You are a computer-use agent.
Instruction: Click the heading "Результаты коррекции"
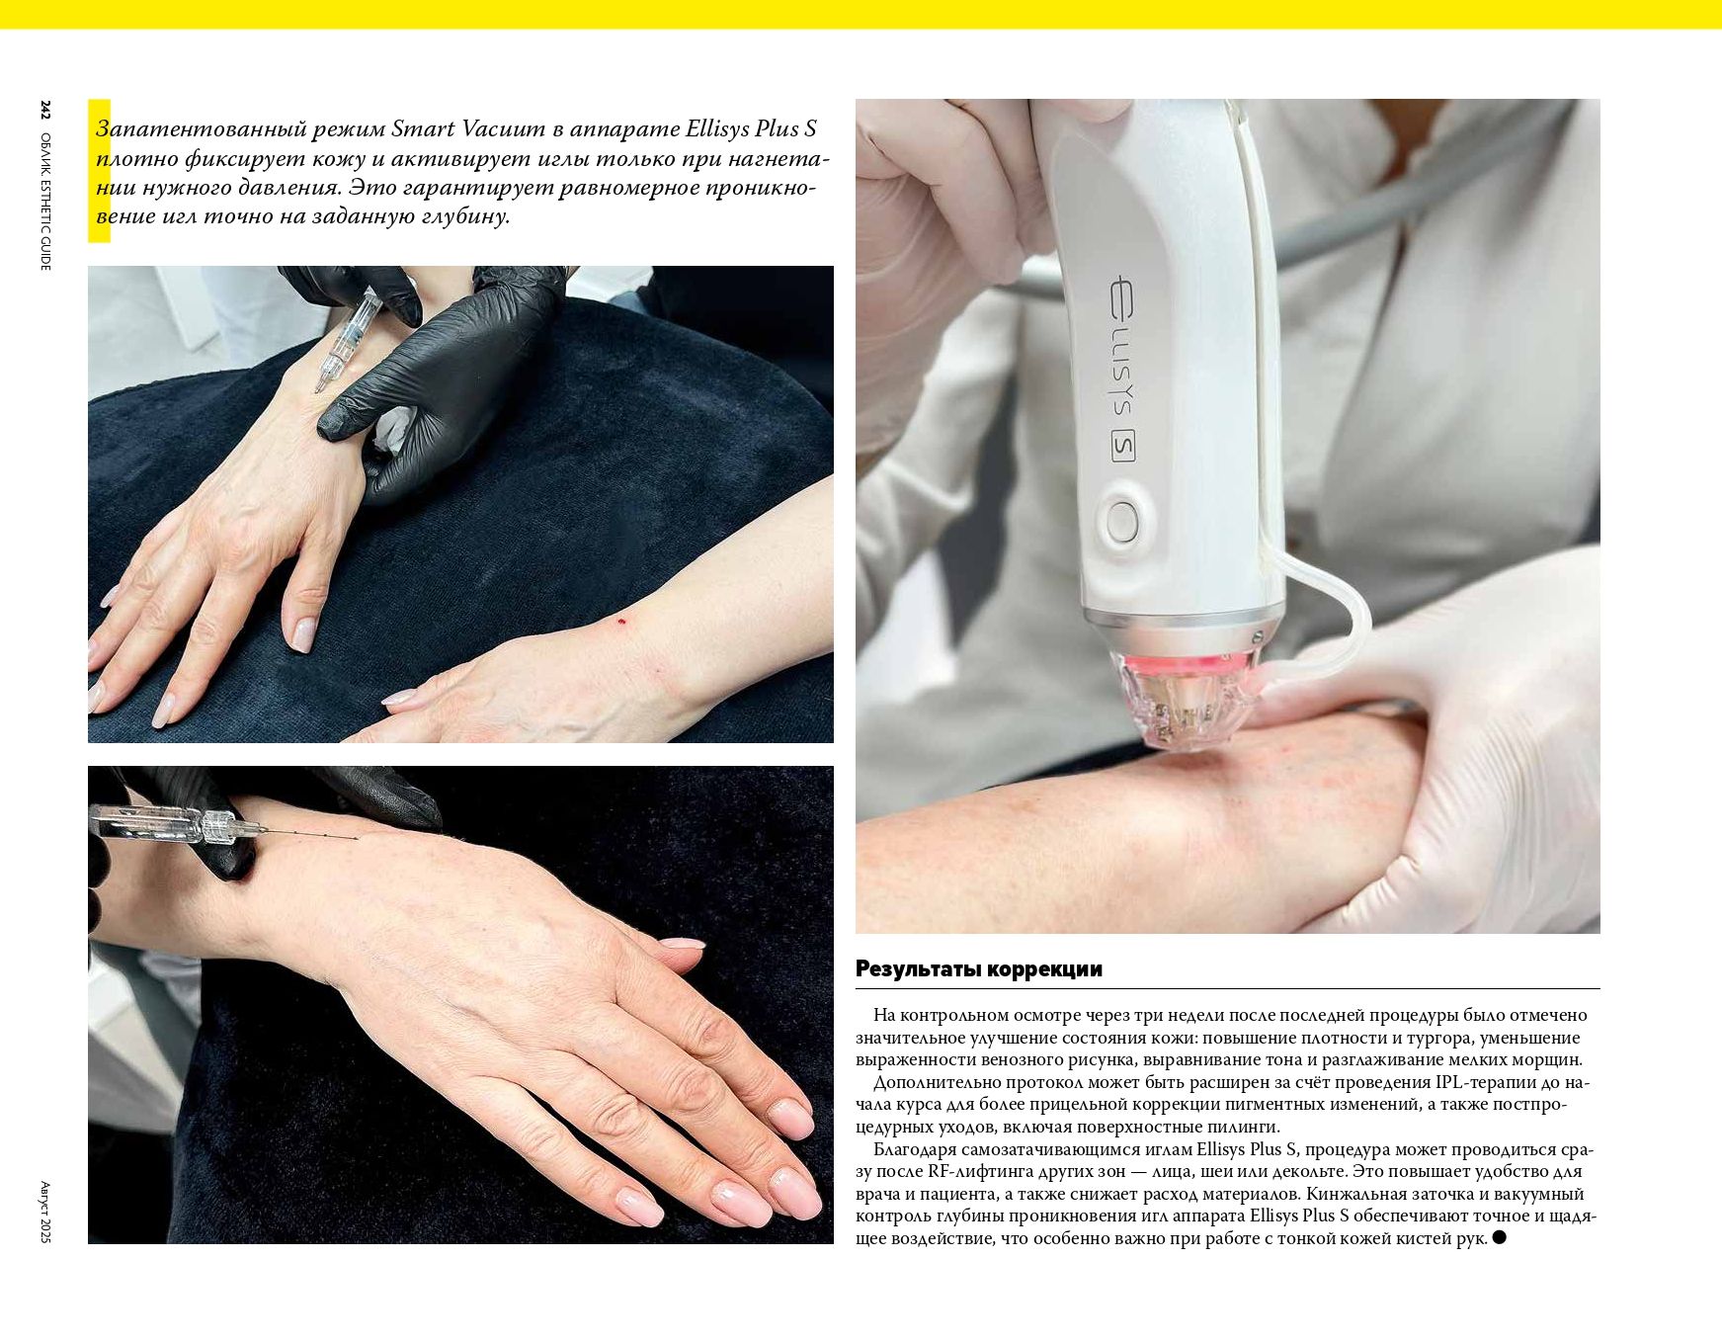(978, 968)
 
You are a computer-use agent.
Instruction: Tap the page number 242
(45, 110)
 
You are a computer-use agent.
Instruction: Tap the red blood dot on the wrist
(621, 621)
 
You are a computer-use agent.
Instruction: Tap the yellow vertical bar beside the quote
(99, 170)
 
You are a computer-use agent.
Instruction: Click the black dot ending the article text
(1499, 1237)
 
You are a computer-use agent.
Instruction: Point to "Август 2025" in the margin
(45, 1212)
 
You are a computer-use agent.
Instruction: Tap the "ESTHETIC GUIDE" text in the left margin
(45, 220)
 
